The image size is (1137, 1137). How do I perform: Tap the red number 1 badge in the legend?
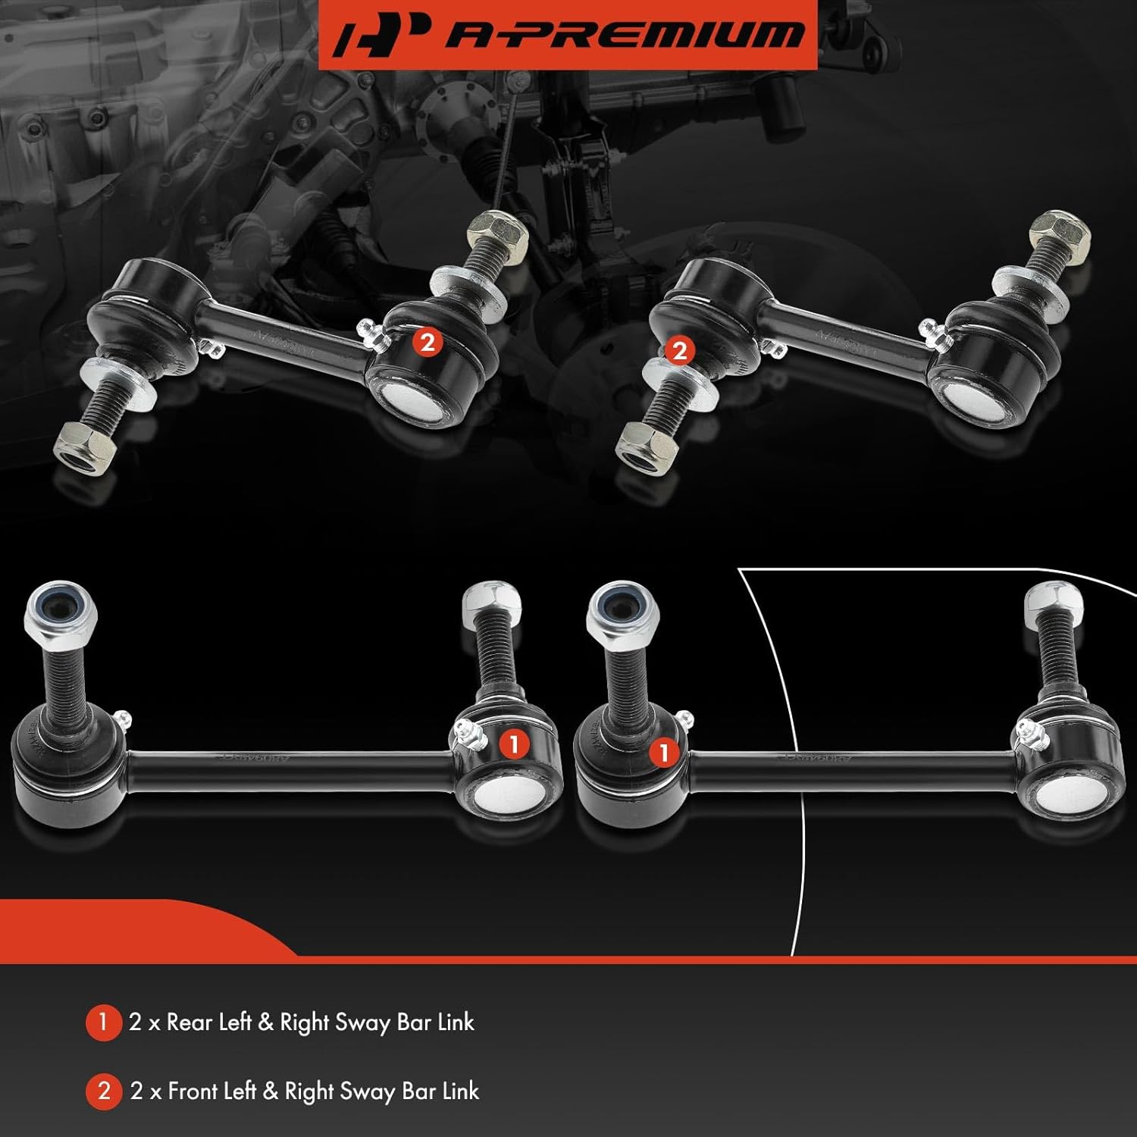point(103,1023)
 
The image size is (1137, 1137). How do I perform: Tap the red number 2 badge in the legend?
point(104,1092)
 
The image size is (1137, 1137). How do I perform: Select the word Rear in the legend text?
point(189,1023)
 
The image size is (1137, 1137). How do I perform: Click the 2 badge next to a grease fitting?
point(428,343)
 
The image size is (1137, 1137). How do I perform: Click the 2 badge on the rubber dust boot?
point(679,350)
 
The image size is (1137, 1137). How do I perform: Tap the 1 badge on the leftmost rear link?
point(514,744)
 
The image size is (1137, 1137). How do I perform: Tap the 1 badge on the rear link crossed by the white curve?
point(664,753)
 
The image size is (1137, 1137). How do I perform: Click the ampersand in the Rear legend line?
point(265,1023)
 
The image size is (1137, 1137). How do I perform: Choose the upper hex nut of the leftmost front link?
point(498,233)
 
